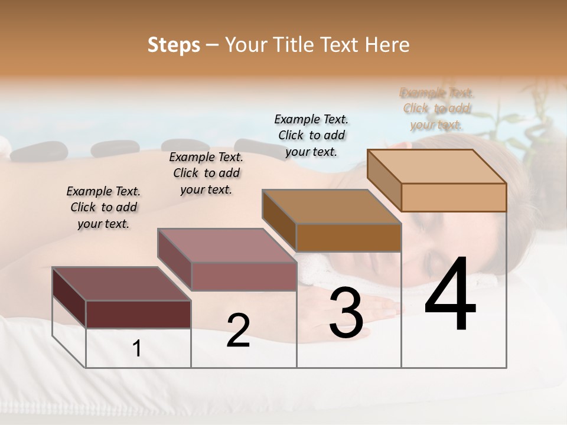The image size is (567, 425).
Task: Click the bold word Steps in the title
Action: coord(174,45)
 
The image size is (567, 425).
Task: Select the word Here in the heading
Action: coord(387,45)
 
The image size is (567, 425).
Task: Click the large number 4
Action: coord(450,295)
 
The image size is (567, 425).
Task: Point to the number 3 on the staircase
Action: coord(346,313)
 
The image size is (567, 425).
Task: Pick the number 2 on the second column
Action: coord(238,331)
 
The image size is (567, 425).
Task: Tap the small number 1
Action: coord(137,349)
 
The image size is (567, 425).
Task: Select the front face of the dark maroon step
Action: coord(138,314)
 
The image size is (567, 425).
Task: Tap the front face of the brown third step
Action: coord(348,237)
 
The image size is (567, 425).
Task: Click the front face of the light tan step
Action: coord(454,197)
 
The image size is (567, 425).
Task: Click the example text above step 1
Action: coord(103,207)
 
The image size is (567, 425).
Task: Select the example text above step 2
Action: coord(206,173)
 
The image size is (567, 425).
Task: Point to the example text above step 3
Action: coord(311,135)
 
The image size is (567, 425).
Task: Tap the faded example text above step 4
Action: coord(436,109)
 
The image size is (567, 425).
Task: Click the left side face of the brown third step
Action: coord(279,220)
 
